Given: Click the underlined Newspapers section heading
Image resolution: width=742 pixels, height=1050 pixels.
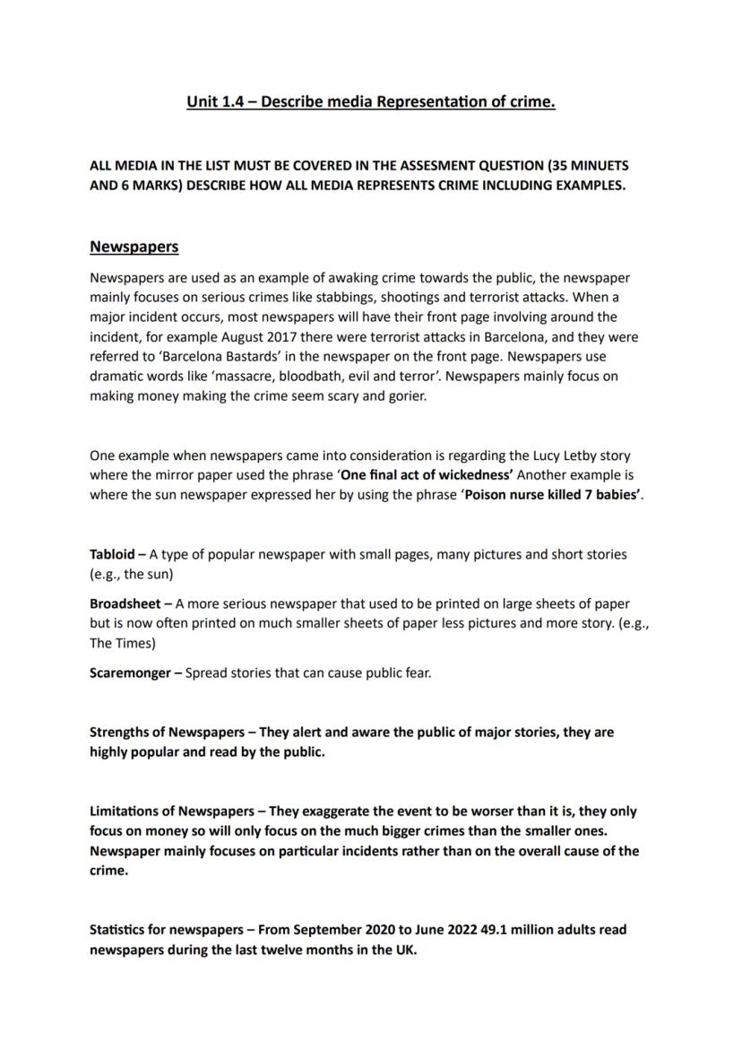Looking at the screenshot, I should click(x=134, y=247).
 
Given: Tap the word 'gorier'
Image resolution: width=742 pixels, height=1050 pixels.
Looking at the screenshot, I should click(x=405, y=396).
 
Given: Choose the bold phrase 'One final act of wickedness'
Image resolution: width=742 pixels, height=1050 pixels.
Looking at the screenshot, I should click(x=427, y=475).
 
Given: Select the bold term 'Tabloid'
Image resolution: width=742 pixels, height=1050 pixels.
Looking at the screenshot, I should click(x=112, y=554).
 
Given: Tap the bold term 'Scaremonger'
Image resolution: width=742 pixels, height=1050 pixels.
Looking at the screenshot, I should click(x=129, y=673).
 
